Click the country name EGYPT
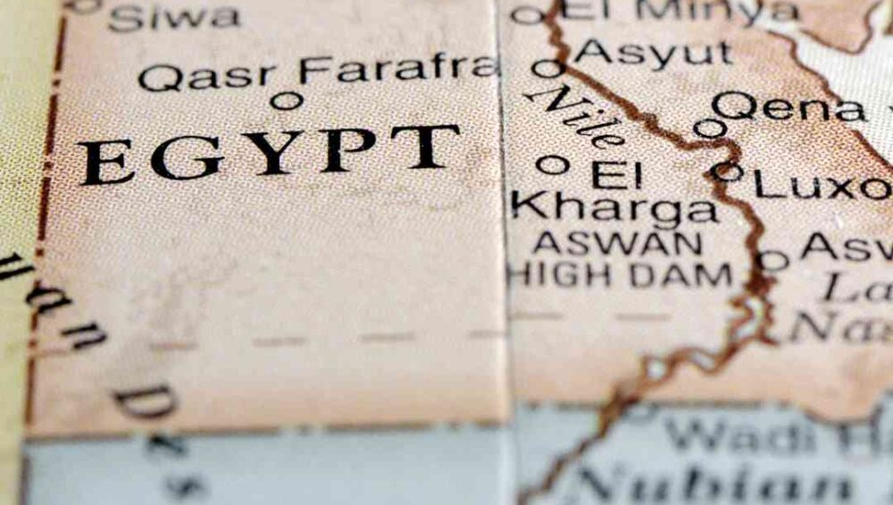click(269, 154)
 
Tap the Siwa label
click(174, 16)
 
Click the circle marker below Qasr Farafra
click(286, 101)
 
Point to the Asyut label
click(654, 54)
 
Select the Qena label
click(789, 108)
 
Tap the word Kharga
click(615, 211)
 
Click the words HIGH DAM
click(620, 274)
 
